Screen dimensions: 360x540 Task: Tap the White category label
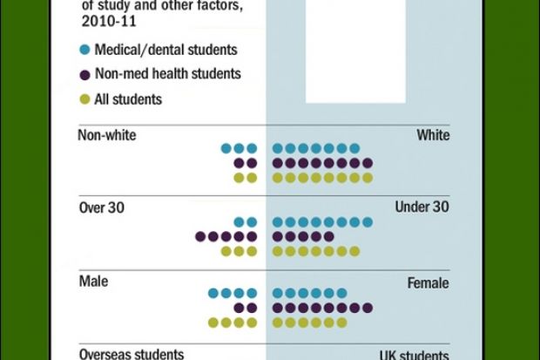[x=433, y=135]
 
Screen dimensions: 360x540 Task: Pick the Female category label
[x=428, y=283]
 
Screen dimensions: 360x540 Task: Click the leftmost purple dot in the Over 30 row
[x=200, y=236]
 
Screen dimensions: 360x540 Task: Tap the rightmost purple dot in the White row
[x=368, y=163]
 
